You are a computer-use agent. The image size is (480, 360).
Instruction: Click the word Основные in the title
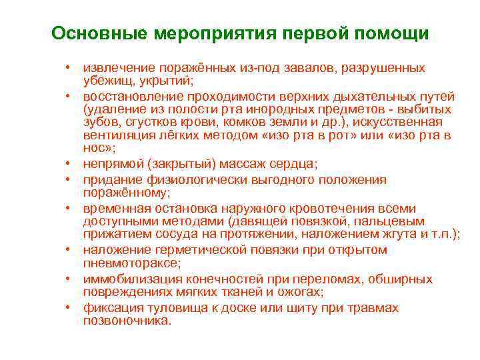pos(100,33)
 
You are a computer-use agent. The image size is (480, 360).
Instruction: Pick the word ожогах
pos(302,291)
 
